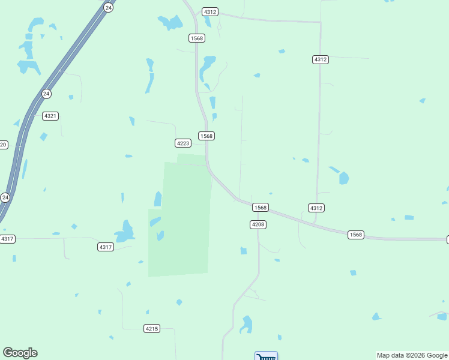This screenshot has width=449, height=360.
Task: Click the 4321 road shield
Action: tap(50, 116)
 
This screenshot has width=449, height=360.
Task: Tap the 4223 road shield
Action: tap(183, 143)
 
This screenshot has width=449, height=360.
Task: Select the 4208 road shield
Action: tap(258, 224)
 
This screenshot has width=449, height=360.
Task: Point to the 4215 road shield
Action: tap(152, 328)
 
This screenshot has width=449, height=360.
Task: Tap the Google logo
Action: tap(20, 353)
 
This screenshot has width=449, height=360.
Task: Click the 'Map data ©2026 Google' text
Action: tap(412, 355)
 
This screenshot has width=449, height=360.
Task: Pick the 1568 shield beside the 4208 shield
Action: tap(260, 207)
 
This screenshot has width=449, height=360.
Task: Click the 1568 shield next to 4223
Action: tap(206, 136)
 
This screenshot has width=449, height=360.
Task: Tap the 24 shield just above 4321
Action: tap(46, 94)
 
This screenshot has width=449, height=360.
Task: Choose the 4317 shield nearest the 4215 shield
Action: tap(105, 247)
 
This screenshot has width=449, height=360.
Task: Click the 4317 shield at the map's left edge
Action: tap(7, 239)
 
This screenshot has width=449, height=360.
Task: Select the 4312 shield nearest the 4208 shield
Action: tap(316, 208)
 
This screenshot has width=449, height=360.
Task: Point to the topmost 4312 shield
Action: tap(210, 12)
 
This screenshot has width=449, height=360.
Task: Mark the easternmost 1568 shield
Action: tap(355, 235)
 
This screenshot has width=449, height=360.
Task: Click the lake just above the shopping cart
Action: tap(246, 325)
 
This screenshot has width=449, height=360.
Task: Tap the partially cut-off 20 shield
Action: tap(3, 145)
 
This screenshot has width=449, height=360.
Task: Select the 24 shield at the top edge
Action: tap(107, 7)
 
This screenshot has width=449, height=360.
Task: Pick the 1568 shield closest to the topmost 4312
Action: tap(196, 38)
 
